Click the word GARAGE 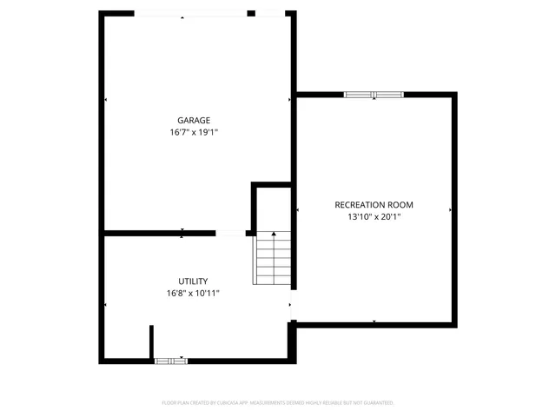tap(194, 121)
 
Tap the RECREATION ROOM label tap(374, 205)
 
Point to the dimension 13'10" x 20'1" tap(374, 217)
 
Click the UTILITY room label tap(193, 281)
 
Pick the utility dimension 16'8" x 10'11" tap(194, 294)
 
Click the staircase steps tap(271, 261)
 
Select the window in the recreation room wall tap(374, 94)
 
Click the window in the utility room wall tap(170, 360)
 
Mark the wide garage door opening tap(190, 13)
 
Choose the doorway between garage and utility tap(230, 233)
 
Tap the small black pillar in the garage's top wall tap(251, 13)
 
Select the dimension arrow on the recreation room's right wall tap(451, 210)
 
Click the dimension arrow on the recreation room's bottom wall tap(374, 322)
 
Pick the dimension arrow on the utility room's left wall tap(105, 305)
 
